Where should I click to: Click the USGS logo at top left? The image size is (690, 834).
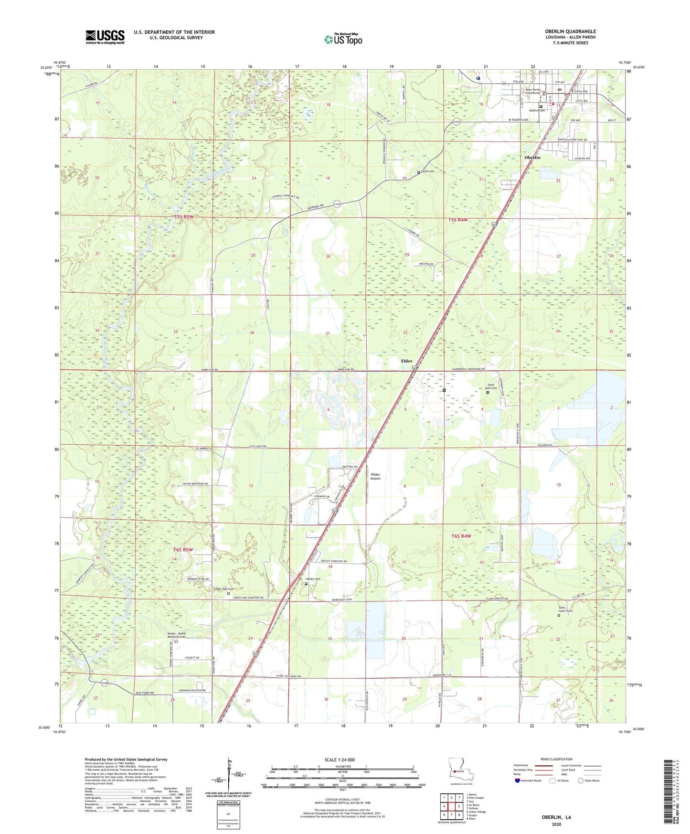coord(105,36)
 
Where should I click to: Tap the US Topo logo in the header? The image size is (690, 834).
coord(342,39)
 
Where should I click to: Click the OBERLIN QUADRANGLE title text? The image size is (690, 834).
coord(570,32)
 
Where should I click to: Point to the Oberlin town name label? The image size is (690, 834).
coord(532,157)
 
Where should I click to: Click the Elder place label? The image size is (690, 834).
coord(406,361)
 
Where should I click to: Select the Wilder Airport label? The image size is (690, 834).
coord(376,476)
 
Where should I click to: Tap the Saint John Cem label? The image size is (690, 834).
coord(491,386)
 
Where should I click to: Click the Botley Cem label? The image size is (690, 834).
coord(313,579)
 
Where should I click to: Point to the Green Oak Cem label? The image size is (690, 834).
coord(223,589)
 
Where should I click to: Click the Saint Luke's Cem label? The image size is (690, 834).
coord(565,609)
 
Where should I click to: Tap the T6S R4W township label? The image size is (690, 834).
coord(461,536)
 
